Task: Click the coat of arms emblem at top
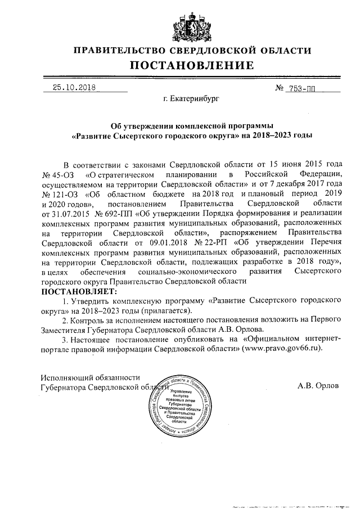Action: (193, 23)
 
